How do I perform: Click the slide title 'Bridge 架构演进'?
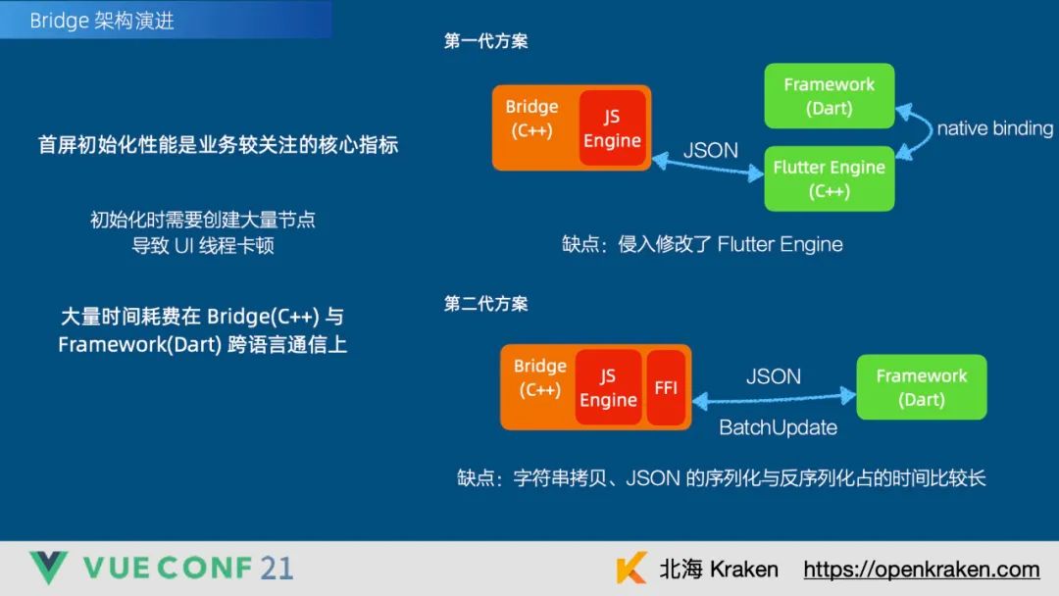102,21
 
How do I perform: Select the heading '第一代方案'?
486,41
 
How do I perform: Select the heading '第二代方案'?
486,304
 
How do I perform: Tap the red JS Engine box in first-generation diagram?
612,128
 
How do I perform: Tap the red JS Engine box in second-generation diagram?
608,387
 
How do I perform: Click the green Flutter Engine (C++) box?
829,178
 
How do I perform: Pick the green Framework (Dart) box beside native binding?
829,96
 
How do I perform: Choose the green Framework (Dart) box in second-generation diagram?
921,387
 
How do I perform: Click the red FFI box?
666,387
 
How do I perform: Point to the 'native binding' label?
994,128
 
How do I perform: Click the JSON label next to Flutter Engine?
711,150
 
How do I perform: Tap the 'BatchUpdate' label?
778,427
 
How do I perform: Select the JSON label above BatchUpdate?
774,375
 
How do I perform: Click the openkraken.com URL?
921,570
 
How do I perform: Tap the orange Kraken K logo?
631,570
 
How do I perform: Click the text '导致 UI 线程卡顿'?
203,246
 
